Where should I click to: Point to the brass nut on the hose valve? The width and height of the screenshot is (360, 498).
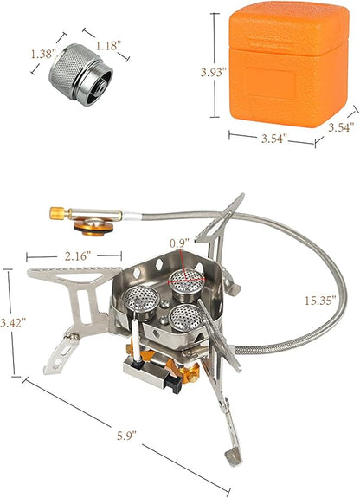pyautogui.click(x=55, y=211)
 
